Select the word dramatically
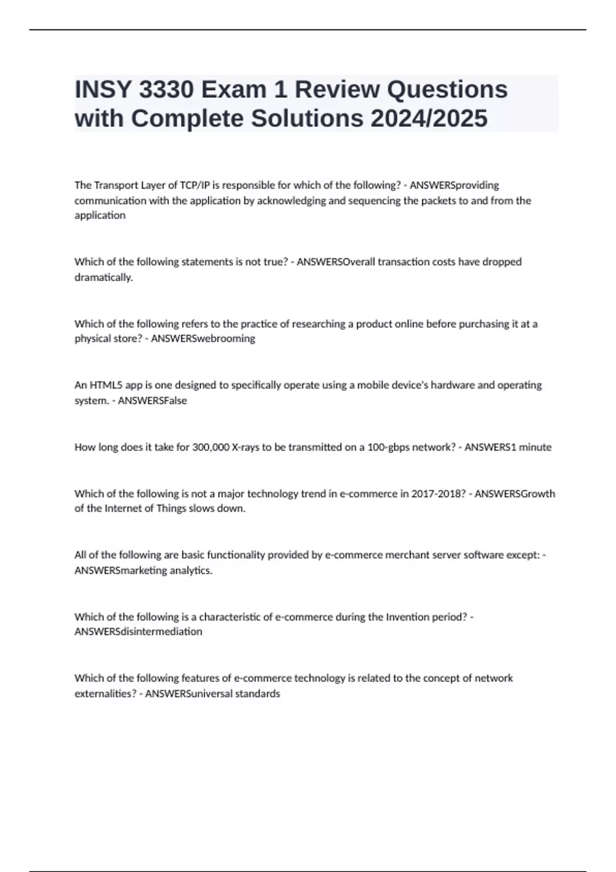click(103, 278)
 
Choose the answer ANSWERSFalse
click(152, 401)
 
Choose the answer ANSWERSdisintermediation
click(138, 632)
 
